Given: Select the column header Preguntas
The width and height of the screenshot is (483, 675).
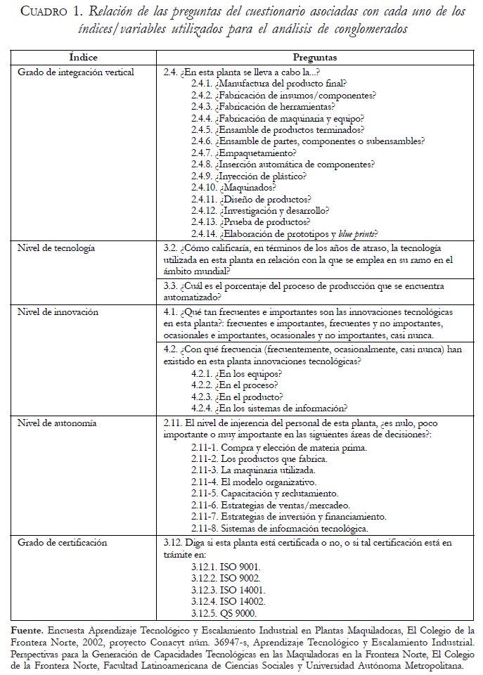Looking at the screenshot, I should (x=315, y=56).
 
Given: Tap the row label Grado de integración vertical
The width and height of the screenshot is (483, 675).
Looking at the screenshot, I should (x=75, y=72).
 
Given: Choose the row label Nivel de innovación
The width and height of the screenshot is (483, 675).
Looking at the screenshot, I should (x=58, y=311).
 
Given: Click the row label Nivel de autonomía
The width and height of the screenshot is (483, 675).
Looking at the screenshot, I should (x=57, y=423).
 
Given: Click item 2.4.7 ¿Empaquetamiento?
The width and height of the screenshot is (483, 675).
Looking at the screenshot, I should (x=243, y=152).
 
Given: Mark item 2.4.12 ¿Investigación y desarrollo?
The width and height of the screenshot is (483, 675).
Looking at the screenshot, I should (x=260, y=210).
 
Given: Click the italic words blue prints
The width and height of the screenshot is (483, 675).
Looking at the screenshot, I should (x=361, y=233).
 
